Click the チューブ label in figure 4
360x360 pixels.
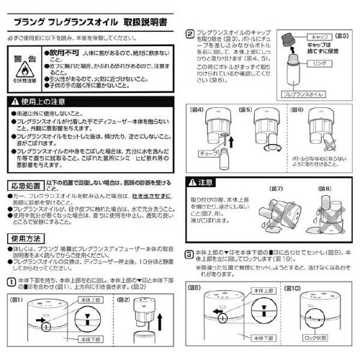pyautogui.click(x=211, y=152)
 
